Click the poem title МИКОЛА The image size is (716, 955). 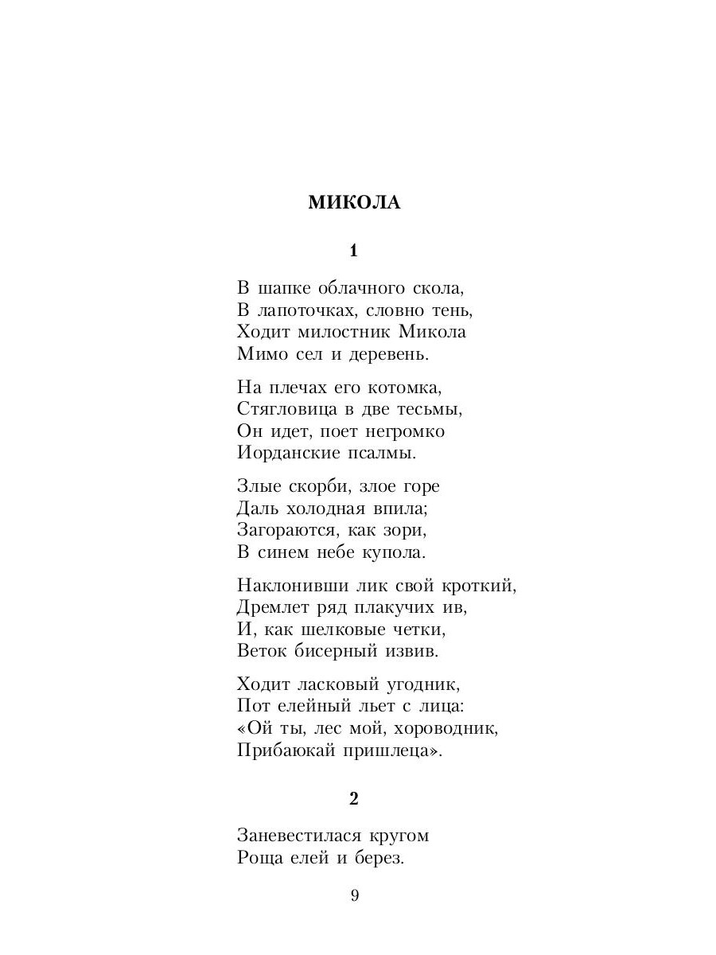pos(354,203)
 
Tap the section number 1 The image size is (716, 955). pos(354,251)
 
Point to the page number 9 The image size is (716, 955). pos(355,896)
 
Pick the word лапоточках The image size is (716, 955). pos(309,310)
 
